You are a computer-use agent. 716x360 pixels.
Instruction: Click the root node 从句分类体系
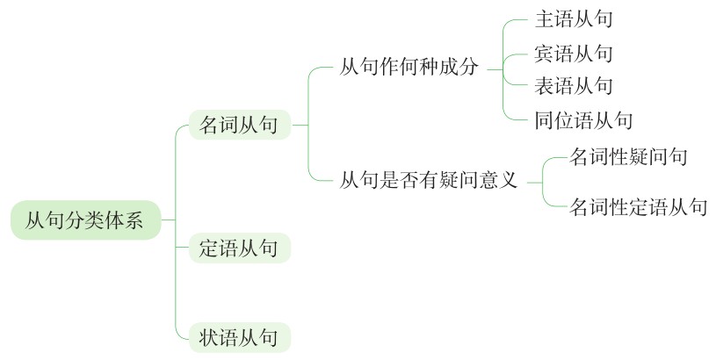[86, 220]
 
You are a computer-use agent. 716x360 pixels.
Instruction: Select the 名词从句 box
[240, 125]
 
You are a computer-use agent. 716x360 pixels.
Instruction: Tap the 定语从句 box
[240, 248]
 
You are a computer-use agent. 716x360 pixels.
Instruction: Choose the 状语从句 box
[240, 338]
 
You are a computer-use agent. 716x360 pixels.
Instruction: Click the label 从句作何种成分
[409, 68]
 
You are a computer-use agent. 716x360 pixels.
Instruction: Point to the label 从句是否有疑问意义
[429, 180]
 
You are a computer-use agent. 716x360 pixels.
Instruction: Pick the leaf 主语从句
[574, 19]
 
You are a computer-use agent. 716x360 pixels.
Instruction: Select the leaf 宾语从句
[574, 54]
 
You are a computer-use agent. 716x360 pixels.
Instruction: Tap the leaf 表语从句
[574, 86]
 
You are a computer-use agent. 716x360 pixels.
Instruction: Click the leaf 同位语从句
[583, 120]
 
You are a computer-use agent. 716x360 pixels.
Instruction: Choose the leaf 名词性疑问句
[628, 156]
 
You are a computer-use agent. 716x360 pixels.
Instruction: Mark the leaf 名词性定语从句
[639, 206]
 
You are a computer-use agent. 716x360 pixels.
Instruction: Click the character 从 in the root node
[34, 220]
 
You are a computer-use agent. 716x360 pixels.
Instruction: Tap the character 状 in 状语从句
[209, 338]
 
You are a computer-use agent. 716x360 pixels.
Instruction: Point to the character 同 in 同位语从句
[545, 120]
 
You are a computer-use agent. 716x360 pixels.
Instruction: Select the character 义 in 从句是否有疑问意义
[509, 180]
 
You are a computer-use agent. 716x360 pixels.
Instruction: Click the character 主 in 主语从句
[545, 19]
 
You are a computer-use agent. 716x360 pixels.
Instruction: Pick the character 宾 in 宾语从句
[545, 54]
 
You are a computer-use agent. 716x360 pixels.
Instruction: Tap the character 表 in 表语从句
[545, 86]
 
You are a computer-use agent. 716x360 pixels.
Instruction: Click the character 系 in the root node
[134, 220]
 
